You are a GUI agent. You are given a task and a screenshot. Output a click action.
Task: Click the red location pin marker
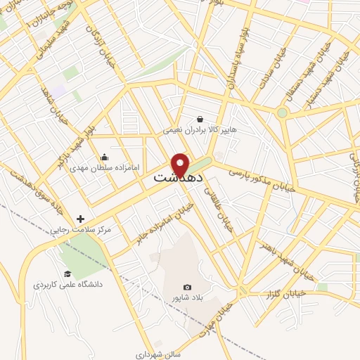click(181, 164)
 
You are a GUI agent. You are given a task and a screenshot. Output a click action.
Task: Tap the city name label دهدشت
click(179, 178)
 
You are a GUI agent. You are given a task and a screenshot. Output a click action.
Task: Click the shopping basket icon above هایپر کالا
click(200, 119)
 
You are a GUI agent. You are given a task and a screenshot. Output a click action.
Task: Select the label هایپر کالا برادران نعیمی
click(196, 130)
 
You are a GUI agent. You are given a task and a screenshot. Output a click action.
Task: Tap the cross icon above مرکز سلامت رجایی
click(81, 219)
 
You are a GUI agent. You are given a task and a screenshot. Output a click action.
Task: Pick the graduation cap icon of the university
click(67, 274)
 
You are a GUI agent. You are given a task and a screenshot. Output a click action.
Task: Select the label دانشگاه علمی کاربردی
click(67, 285)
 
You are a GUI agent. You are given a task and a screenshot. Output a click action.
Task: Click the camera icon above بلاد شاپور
click(187, 287)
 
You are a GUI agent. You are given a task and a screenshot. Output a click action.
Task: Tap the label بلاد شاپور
click(186, 298)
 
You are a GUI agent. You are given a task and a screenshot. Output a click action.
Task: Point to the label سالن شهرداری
click(158, 354)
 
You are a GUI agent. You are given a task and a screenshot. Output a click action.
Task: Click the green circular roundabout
click(282, 112)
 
